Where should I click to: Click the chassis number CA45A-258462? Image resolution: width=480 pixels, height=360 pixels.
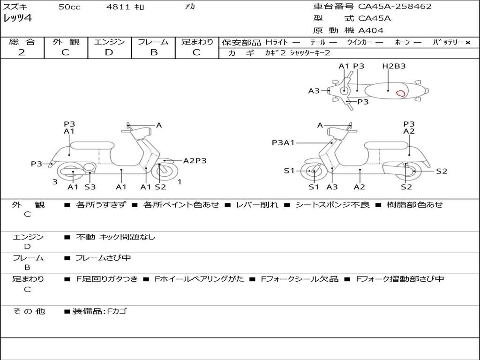[395, 7]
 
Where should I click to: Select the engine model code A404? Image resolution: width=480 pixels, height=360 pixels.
[371, 30]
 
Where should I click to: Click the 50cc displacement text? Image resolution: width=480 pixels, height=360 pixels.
[69, 7]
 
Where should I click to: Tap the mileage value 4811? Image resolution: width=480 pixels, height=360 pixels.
[115, 7]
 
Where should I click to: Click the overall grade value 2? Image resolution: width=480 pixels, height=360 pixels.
[22, 52]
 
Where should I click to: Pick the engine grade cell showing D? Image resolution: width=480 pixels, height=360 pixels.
[109, 52]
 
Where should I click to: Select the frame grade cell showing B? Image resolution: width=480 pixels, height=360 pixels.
[153, 52]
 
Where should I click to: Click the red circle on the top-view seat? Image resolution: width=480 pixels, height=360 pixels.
[401, 93]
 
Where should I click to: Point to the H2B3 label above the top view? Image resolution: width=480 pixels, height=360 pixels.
[394, 66]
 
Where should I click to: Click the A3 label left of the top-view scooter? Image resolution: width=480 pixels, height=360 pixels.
[314, 91]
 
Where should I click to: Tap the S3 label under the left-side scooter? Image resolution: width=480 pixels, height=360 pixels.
[90, 187]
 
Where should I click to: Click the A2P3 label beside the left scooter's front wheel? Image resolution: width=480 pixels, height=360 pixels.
[195, 161]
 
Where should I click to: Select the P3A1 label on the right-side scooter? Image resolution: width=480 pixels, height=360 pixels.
[283, 143]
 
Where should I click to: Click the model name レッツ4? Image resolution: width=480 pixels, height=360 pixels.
[17, 19]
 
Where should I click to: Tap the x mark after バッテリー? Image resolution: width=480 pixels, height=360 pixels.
[468, 43]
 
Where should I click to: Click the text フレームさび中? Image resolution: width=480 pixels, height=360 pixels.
[103, 258]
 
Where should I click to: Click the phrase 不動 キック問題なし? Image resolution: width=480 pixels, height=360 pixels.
[115, 237]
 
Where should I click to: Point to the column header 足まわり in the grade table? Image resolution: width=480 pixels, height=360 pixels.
[197, 42]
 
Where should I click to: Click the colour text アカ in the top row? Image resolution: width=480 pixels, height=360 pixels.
[190, 7]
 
